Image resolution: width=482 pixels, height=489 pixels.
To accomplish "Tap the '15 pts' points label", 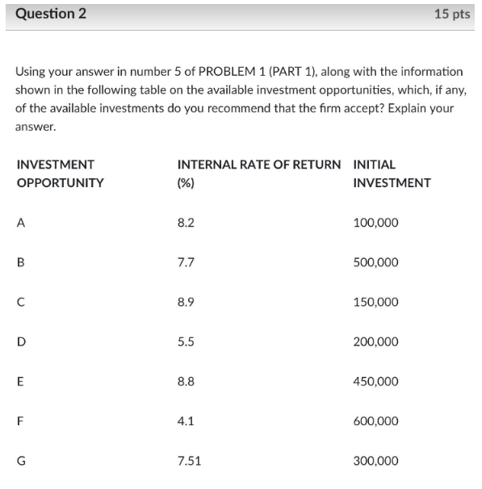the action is [451, 14].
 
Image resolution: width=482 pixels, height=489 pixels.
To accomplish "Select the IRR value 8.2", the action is [185, 223].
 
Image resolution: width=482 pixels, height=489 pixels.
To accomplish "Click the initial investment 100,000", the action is [375, 223].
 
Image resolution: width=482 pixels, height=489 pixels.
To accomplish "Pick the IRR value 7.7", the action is [185, 262].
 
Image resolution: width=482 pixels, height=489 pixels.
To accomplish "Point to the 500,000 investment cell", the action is [375, 262].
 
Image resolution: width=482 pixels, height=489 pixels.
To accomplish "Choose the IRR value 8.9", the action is [185, 302].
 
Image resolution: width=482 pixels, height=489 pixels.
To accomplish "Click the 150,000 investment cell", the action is [375, 302].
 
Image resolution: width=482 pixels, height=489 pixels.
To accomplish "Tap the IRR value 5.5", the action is [185, 341].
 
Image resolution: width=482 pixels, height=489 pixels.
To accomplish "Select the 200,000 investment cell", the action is [375, 341].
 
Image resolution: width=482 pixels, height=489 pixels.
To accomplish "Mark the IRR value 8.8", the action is [185, 382].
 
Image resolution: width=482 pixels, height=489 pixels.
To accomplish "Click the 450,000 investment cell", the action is [375, 382].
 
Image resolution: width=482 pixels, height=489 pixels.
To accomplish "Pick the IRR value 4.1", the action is [185, 421].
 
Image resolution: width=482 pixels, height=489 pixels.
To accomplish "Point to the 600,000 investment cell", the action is [375, 421].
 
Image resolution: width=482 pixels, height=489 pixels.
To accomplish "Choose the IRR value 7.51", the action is [189, 461].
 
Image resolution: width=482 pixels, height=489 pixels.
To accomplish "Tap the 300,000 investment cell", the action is [375, 461].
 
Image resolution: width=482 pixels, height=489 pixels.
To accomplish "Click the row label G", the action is [21, 461].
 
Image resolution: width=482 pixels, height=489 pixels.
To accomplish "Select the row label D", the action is [21, 341].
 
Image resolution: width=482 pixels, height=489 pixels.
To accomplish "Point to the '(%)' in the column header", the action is [185, 182].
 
